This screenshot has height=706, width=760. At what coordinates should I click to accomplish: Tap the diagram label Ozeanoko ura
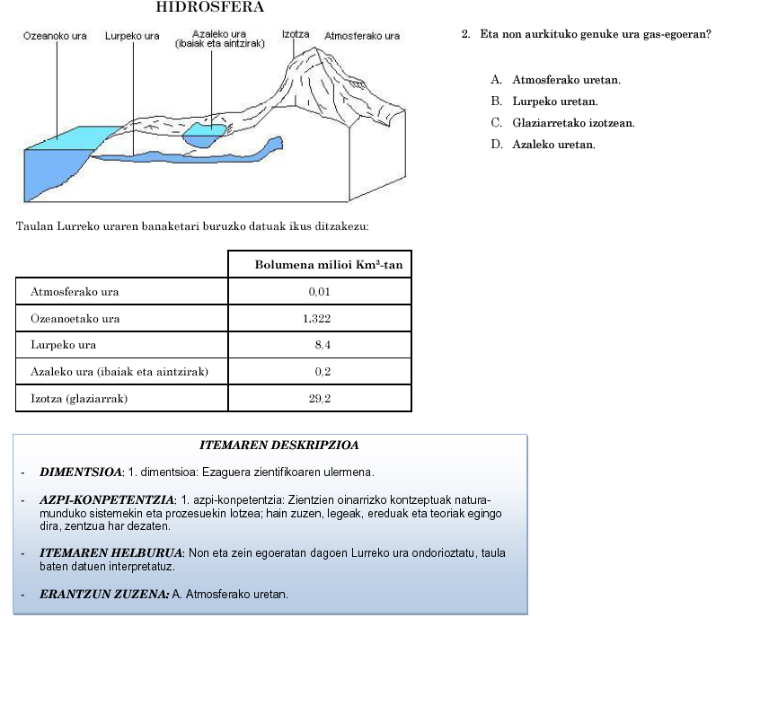pyautogui.click(x=55, y=37)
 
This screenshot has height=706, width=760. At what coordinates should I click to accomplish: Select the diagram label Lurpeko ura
pyautogui.click(x=132, y=37)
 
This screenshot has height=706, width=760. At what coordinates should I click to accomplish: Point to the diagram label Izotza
pyautogui.click(x=296, y=34)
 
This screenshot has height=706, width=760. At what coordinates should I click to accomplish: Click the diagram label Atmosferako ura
pyautogui.click(x=362, y=37)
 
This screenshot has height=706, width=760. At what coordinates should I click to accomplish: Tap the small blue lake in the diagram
pyautogui.click(x=204, y=137)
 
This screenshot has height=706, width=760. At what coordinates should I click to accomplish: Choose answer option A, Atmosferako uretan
pyautogui.click(x=566, y=81)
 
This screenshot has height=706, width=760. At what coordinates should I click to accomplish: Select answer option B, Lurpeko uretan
pyautogui.click(x=554, y=102)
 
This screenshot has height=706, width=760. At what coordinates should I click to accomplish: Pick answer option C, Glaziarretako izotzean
pyautogui.click(x=573, y=123)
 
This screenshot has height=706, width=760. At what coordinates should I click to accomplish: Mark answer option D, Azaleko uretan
pyautogui.click(x=553, y=145)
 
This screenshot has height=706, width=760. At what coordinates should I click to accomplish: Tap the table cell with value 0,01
pyautogui.click(x=320, y=292)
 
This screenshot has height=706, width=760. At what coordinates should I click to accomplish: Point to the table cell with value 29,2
pyautogui.click(x=321, y=398)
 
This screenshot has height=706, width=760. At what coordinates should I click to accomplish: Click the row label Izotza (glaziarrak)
pyautogui.click(x=79, y=398)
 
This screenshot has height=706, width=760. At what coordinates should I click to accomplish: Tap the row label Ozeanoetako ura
pyautogui.click(x=75, y=319)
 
